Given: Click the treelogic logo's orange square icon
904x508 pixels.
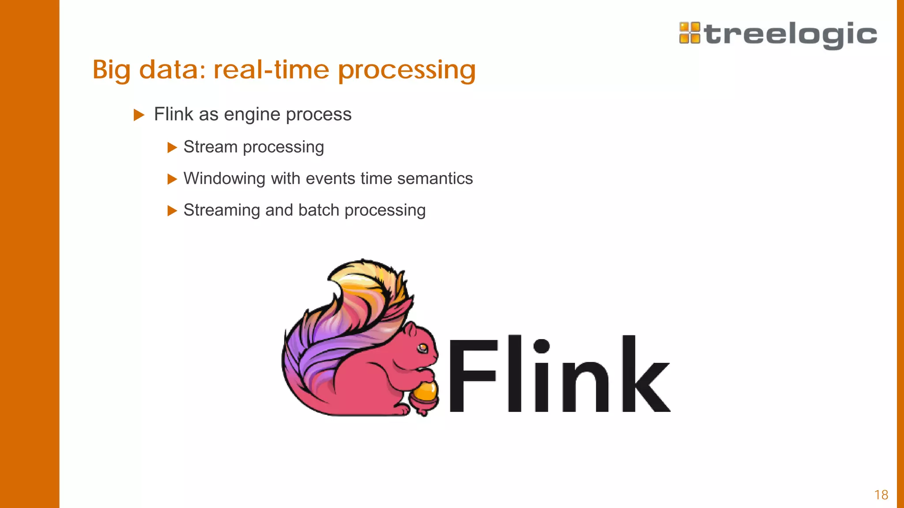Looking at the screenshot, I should pyautogui.click(x=689, y=33).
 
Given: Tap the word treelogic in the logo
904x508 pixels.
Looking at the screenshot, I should pyautogui.click(x=791, y=34).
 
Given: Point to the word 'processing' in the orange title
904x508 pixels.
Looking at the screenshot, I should pyautogui.click(x=407, y=71).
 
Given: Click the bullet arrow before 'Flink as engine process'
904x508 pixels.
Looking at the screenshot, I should pyautogui.click(x=139, y=115).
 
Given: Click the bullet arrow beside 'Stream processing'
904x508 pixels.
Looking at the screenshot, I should pyautogui.click(x=172, y=147).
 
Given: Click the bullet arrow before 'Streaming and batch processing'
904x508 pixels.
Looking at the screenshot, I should pyautogui.click(x=172, y=211).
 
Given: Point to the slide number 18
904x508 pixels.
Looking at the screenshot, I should pyautogui.click(x=881, y=495).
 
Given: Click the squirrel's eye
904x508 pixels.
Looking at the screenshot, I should pyautogui.click(x=423, y=348).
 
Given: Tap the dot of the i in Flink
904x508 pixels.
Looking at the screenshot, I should pyautogui.click(x=541, y=345).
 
